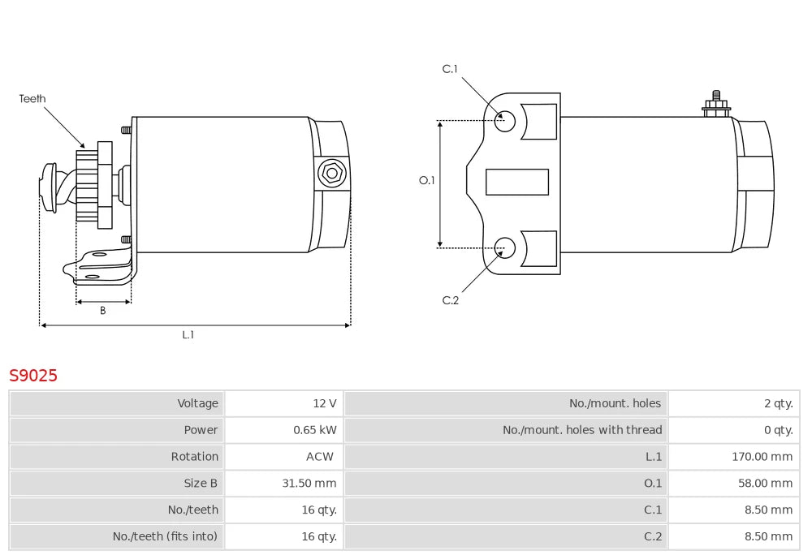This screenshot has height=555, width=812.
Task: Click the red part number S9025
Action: point(33,375)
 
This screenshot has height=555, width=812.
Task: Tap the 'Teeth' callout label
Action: point(32,98)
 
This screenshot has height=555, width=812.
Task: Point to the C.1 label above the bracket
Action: point(450,69)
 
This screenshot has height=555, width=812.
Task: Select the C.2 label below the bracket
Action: point(451,300)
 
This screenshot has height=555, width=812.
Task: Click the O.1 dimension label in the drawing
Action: point(427,180)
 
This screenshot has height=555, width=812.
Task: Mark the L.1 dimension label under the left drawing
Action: point(188,335)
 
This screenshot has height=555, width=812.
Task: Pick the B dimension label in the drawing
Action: point(103,310)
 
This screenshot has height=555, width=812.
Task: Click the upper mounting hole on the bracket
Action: point(504,121)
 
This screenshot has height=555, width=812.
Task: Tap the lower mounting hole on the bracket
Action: point(504,247)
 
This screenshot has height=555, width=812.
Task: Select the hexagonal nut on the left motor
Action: point(331,174)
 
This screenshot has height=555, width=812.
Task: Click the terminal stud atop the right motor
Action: point(716,105)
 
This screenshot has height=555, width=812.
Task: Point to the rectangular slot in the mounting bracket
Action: point(516,182)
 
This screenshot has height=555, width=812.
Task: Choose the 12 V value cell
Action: point(325,403)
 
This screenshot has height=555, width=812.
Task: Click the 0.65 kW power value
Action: point(315,430)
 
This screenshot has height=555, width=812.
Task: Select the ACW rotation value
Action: point(319,457)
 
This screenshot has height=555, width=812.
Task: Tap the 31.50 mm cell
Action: point(309,483)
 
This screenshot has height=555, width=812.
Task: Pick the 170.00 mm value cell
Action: point(762,457)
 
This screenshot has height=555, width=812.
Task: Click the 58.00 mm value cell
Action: point(766,483)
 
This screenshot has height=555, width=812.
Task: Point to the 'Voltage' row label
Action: point(198,403)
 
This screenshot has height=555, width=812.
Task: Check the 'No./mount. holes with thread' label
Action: point(582,430)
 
